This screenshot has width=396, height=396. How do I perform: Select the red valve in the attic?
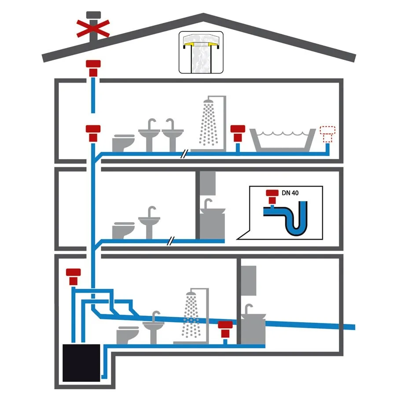coord(93,68)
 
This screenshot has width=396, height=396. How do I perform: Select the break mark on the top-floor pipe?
coord(186,154)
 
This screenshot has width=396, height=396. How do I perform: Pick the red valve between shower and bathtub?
coord(238,132)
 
